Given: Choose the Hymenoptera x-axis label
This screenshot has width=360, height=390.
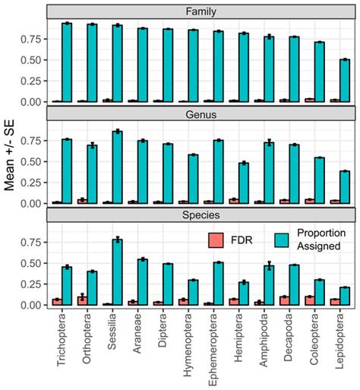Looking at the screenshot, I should (x=188, y=351).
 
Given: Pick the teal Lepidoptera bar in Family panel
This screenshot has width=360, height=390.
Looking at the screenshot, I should (x=345, y=81).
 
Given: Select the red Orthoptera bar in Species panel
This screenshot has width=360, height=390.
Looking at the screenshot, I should (x=82, y=300).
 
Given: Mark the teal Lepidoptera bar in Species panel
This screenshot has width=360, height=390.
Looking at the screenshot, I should (x=345, y=296).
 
